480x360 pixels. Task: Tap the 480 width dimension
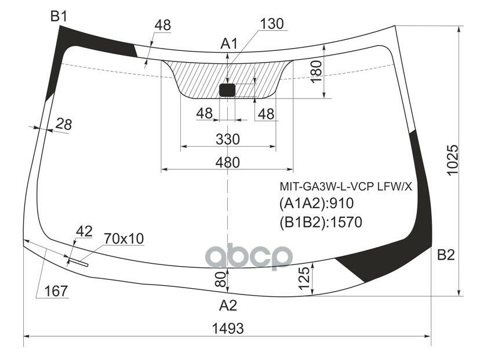click(x=227, y=162)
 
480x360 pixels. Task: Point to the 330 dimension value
click(x=227, y=140)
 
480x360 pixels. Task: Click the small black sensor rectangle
click(x=227, y=89)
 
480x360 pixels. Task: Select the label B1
click(x=59, y=17)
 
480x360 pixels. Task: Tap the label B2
click(x=445, y=254)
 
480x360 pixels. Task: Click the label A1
click(x=230, y=43)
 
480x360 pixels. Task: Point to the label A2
click(x=228, y=306)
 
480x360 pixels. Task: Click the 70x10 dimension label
click(x=123, y=238)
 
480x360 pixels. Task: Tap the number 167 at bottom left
click(x=56, y=290)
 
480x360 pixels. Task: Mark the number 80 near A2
click(x=220, y=281)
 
